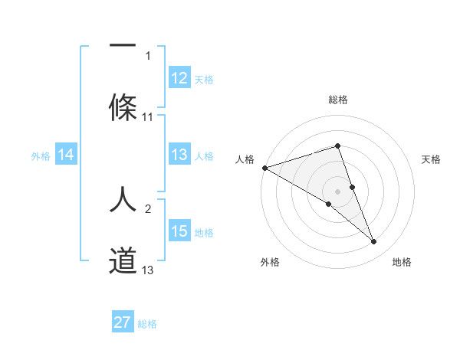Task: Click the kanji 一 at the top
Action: coord(123,45)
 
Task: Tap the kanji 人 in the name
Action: coord(123,198)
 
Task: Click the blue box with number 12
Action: coord(179,78)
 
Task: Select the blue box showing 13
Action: coord(179,155)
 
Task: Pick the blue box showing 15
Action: coord(179,231)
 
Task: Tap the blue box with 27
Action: coord(123,322)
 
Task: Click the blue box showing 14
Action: coord(66,155)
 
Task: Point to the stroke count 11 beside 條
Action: coord(148,117)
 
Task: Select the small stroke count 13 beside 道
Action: coord(148,270)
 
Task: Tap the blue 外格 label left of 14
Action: coord(41,156)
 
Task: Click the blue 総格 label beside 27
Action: coord(147,324)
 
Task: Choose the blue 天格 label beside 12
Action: coord(204,79)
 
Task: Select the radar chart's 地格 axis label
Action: coord(402,262)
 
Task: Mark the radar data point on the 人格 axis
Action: coord(264,168)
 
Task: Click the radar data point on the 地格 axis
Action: coord(374,242)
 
